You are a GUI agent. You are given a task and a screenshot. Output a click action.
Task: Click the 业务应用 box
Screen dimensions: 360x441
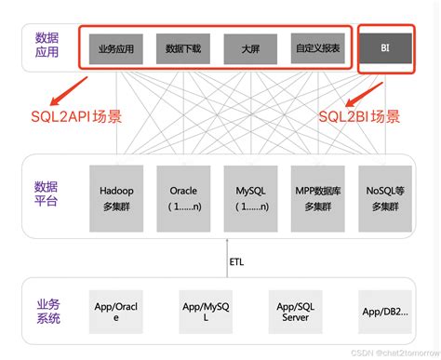116,47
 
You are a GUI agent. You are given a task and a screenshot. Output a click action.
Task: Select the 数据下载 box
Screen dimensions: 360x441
183,47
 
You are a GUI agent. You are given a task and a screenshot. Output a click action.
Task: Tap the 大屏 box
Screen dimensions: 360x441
250,47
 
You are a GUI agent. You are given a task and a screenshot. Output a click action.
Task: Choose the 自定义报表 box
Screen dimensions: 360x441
317,47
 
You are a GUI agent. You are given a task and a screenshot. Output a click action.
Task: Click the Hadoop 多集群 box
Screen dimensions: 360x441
116,198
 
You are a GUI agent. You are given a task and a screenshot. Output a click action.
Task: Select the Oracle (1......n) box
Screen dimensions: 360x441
183,198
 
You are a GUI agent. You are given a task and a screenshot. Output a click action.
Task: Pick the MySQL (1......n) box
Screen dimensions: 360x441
250,198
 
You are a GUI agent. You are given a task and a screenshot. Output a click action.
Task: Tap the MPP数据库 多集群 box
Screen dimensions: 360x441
317,198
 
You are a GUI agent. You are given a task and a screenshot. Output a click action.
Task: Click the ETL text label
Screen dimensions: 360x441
236,261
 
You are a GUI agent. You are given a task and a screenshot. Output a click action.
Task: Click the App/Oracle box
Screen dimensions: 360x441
116,310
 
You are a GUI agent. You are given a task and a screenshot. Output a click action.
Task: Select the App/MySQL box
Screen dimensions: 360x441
206,310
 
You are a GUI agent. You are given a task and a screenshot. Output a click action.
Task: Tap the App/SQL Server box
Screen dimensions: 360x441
295,310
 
